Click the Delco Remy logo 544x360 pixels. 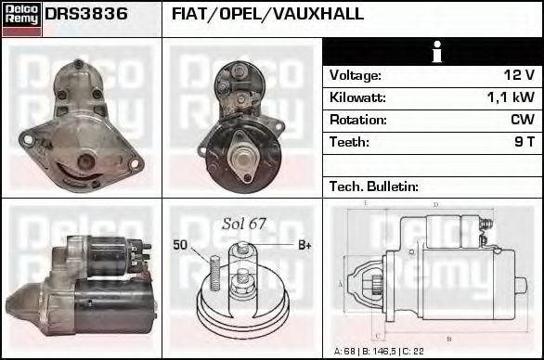pyautogui.click(x=21, y=18)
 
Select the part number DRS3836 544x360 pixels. pyautogui.click(x=86, y=15)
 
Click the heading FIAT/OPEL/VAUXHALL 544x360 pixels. pyautogui.click(x=267, y=15)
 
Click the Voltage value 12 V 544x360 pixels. pyautogui.click(x=518, y=75)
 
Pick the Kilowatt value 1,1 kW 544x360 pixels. pyautogui.click(x=511, y=97)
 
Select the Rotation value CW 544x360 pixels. pyautogui.click(x=522, y=120)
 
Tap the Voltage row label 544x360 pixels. pyautogui.click(x=355, y=75)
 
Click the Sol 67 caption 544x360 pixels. pyautogui.click(x=243, y=224)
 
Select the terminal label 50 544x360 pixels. pyautogui.click(x=180, y=245)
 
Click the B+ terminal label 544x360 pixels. pyautogui.click(x=304, y=245)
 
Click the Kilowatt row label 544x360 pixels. pyautogui.click(x=356, y=97)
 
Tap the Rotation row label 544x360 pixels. pyautogui.click(x=356, y=120)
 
